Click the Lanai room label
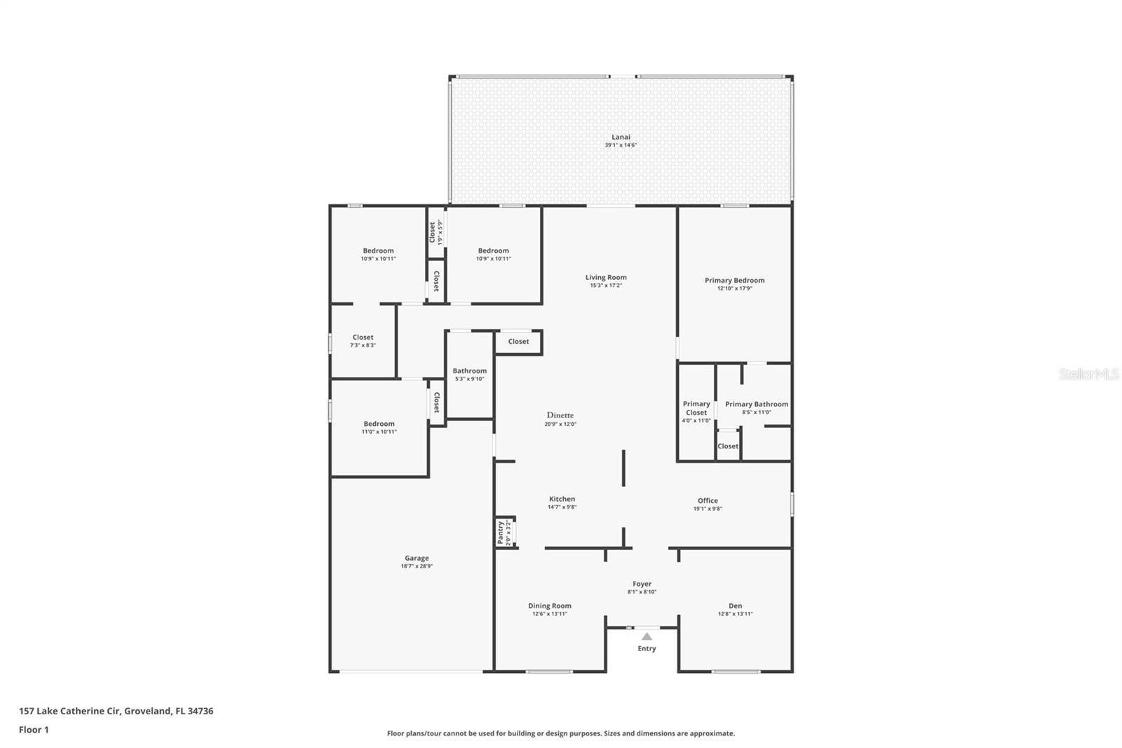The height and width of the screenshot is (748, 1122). click(621, 137)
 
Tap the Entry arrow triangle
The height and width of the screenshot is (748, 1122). click(647, 636)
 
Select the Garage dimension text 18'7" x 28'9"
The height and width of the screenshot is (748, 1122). click(417, 566)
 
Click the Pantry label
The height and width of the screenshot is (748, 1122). click(500, 533)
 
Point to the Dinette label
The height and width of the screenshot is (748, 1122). click(560, 415)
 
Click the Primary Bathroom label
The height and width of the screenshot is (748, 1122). click(756, 404)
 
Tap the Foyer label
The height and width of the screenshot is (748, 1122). click(642, 584)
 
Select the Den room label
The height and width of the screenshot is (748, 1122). click(735, 606)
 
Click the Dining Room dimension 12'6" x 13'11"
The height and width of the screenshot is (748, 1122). click(549, 614)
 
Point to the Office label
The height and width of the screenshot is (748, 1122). click(708, 500)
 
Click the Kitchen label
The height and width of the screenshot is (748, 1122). click(562, 499)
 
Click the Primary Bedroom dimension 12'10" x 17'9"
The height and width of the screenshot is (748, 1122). click(734, 288)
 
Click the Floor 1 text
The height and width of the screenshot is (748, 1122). click(34, 730)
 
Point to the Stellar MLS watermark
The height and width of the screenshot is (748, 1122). click(1088, 374)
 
